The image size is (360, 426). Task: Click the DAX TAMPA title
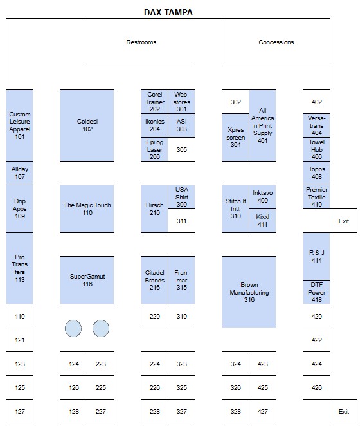tap(168, 12)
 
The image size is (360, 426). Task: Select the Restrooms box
tap(141, 42)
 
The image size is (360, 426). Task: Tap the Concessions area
tap(276, 42)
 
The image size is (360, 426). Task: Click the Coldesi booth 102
tap(87, 125)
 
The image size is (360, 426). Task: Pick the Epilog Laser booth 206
tap(154, 149)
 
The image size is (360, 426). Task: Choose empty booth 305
tap(182, 149)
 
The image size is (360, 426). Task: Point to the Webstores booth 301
tap(182, 102)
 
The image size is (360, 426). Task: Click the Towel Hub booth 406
tap(316, 149)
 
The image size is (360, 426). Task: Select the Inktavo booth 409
tap(262, 197)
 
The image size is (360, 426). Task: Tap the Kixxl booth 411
tap(262, 221)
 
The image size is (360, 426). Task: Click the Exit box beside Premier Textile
tap(344, 221)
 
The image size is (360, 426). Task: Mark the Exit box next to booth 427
tap(344, 411)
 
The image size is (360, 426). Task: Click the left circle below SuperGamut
tap(73, 328)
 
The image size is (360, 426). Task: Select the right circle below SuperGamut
tap(101, 328)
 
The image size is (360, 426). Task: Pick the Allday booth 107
tap(19, 173)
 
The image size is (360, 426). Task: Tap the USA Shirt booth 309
tap(182, 197)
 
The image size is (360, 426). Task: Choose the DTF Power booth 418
tap(316, 292)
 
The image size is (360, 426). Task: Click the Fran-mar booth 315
tap(182, 280)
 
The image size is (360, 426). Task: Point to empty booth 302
tap(235, 102)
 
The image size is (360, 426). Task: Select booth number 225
tap(101, 387)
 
